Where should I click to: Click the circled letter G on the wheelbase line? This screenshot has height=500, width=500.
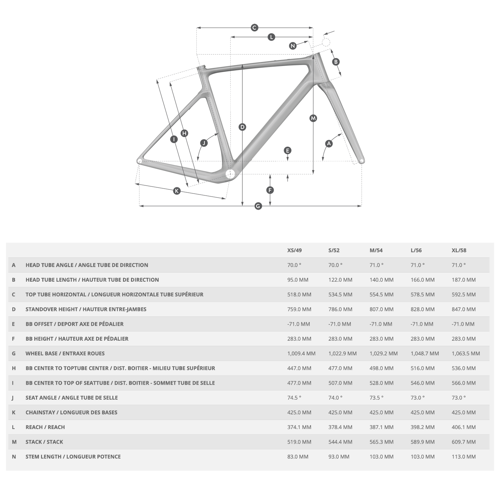258,206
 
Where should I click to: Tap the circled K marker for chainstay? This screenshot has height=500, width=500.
177,191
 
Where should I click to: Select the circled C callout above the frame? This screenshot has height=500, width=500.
254,28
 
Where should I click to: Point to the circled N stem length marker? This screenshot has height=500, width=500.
293,46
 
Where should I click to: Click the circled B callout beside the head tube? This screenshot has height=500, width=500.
336,62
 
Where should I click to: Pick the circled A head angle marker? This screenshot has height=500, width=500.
329,143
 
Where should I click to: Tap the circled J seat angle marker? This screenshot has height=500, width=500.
204,143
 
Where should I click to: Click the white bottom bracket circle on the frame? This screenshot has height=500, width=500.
230,174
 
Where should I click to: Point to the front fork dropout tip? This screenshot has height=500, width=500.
362,161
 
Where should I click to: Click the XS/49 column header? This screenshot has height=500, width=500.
294,250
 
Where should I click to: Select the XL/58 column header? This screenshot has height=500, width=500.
459,250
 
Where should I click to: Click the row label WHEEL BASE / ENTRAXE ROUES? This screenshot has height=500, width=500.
65,353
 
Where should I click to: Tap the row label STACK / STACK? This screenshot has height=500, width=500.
44,442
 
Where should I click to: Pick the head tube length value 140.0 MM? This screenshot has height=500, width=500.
381,280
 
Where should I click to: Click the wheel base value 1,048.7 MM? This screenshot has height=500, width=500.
425,353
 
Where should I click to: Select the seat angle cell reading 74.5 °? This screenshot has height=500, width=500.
294,398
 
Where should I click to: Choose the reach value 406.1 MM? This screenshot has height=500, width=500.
464,427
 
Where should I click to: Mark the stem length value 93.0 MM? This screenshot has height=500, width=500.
339,457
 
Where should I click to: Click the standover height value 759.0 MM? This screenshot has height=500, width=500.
299,309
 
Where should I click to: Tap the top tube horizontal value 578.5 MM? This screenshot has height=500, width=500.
423,295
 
